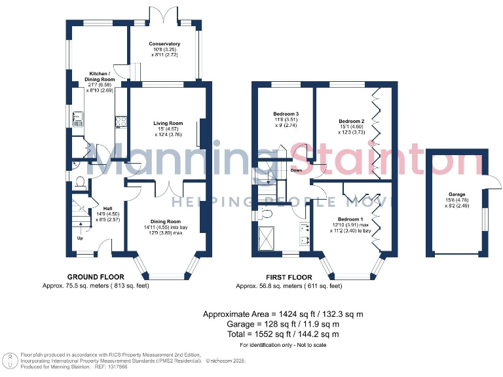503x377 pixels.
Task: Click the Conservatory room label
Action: tap(164, 44)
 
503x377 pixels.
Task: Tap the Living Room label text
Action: tap(168, 123)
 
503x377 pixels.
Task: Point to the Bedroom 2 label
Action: tap(352, 122)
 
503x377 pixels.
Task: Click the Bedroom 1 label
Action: tap(350, 219)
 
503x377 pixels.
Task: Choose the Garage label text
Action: tap(456, 194)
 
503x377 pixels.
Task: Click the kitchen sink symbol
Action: tap(77, 119)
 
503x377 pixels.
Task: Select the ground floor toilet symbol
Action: tap(79, 181)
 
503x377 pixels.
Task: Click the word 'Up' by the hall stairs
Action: tap(81, 238)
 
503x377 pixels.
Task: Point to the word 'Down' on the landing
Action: tap(296, 170)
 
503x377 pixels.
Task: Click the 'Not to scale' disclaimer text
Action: tap(305, 345)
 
